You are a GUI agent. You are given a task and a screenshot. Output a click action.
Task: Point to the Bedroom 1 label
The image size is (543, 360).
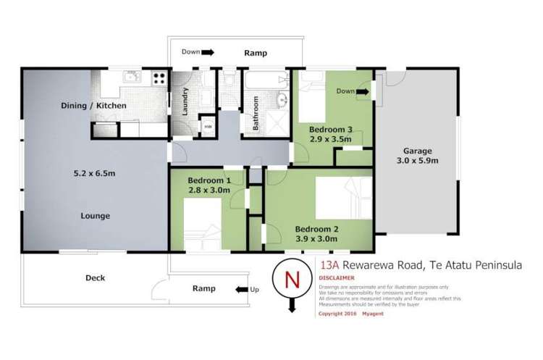[x=209, y=180]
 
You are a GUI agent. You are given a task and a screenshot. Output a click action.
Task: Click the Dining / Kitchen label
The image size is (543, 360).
[x=93, y=106]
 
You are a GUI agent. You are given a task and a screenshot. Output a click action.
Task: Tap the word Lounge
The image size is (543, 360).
[x=96, y=215]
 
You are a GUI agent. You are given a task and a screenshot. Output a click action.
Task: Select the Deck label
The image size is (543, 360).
[x=96, y=277]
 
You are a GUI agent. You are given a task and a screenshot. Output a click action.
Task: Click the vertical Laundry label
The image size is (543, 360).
[x=186, y=101]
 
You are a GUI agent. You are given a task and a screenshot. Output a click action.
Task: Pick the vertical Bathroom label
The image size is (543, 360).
[x=256, y=114]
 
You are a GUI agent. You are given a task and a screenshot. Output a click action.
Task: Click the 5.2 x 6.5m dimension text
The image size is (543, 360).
[x=95, y=174]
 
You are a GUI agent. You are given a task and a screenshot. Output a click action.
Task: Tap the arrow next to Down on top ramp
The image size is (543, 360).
[x=207, y=52]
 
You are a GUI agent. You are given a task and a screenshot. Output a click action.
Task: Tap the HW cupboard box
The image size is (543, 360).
[x=208, y=126]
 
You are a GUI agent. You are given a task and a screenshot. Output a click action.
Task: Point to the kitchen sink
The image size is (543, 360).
[x=130, y=77]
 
